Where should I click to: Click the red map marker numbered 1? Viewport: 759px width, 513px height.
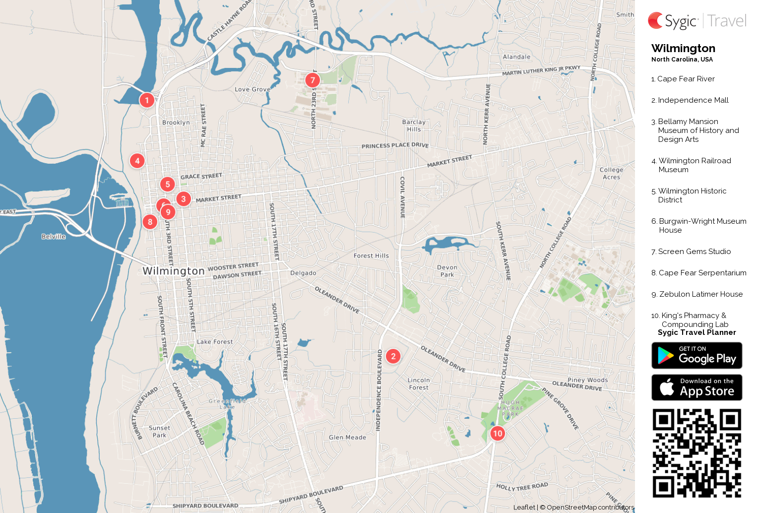tap(147, 100)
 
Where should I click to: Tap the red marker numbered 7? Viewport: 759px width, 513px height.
tap(313, 80)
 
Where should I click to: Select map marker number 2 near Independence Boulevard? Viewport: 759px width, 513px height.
tap(393, 356)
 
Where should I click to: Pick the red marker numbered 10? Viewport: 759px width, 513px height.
tap(498, 434)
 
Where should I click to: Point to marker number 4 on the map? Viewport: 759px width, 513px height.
tap(137, 161)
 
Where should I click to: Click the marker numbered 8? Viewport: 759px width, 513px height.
tap(150, 222)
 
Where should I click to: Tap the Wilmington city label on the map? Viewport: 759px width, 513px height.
tap(173, 271)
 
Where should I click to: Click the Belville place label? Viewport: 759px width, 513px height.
tap(54, 237)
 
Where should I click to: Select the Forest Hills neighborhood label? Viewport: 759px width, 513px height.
tap(371, 256)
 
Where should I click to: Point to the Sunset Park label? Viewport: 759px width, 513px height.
tap(159, 432)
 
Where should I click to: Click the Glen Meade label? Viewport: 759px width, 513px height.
tap(347, 438)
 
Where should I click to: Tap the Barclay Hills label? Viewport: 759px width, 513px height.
tap(414, 126)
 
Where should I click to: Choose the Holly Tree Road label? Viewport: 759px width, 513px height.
tap(522, 487)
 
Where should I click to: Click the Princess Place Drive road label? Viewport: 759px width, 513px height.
tap(395, 145)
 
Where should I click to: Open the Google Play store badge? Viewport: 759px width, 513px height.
tap(696, 355)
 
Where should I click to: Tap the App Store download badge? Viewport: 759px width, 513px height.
tap(696, 387)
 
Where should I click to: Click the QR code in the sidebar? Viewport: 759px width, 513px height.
tap(696, 453)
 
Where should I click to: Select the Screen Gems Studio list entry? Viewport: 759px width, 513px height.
tap(694, 252)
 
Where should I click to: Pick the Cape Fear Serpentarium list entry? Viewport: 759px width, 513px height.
tap(702, 273)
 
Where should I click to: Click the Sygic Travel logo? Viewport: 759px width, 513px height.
tap(697, 21)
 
